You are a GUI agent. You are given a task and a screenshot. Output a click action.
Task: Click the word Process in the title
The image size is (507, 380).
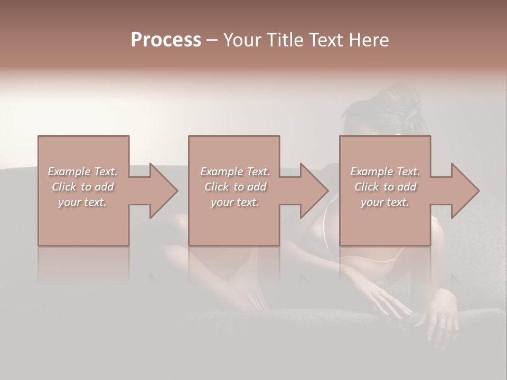[166, 40]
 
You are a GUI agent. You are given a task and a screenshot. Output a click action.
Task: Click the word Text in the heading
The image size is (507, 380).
[325, 40]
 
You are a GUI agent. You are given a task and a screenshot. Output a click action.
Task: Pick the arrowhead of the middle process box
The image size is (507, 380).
[314, 191]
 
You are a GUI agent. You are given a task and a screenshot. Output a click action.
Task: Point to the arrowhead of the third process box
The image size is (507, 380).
[465, 191]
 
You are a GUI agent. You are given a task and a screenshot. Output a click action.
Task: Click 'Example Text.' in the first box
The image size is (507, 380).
[82, 172]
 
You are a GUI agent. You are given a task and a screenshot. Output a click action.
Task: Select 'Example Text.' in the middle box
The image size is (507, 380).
[234, 172]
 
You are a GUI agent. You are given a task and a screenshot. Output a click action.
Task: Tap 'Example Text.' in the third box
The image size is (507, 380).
[385, 172]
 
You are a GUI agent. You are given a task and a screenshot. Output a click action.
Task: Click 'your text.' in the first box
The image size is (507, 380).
[82, 202]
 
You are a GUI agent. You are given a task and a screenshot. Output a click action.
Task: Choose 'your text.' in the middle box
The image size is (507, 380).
[234, 202]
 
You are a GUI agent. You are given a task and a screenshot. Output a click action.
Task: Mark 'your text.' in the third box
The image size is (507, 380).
[385, 202]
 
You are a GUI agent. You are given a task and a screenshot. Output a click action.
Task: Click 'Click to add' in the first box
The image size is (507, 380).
[82, 187]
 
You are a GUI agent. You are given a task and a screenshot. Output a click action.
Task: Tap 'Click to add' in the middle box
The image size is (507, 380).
[234, 187]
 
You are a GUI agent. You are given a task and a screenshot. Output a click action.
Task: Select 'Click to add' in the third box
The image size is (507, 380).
[385, 187]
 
